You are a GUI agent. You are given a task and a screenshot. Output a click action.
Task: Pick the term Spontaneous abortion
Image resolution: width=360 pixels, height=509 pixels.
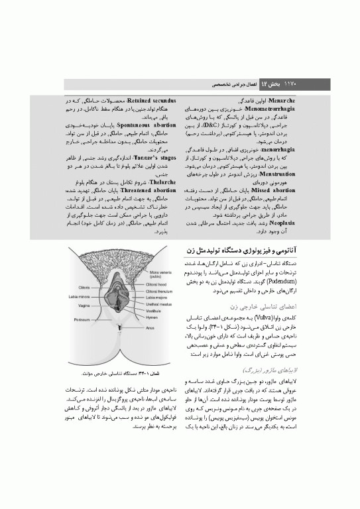click(x=145, y=124)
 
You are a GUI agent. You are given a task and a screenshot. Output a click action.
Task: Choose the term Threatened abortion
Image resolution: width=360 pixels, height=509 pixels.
click(x=145, y=190)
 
